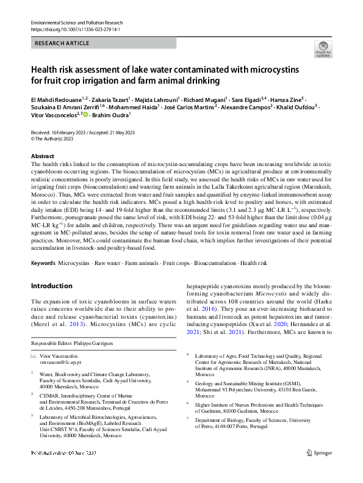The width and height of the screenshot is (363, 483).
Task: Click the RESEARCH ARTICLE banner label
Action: (x=63, y=43)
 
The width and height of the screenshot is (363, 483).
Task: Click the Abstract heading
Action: (x=43, y=157)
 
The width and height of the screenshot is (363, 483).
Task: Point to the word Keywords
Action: (x=43, y=263)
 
